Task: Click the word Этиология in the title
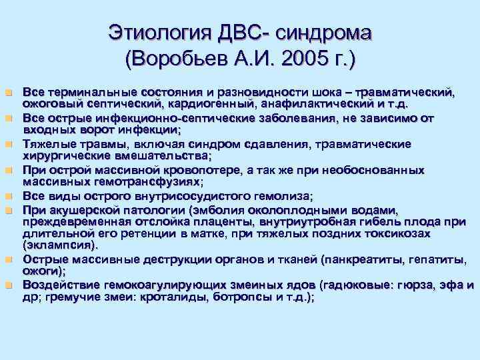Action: click(x=155, y=34)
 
